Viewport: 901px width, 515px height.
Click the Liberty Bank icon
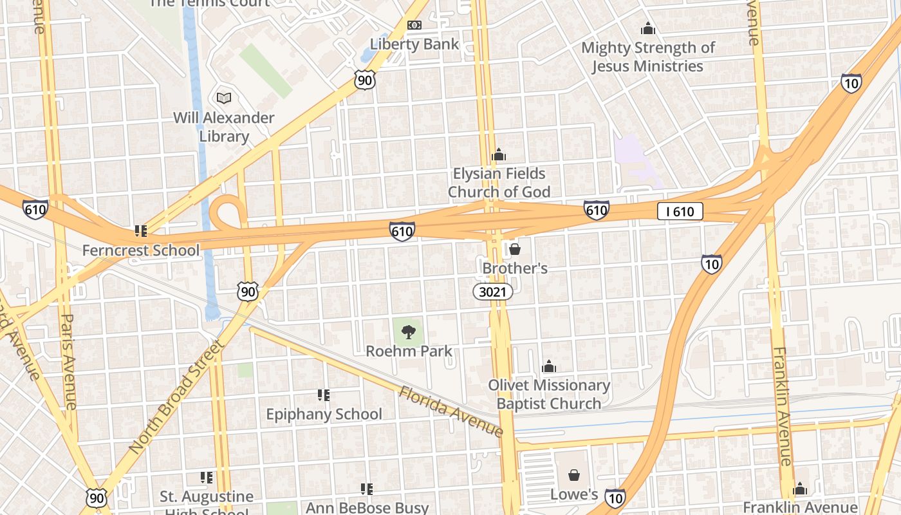pyautogui.click(x=414, y=25)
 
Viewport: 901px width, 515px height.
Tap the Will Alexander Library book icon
pyautogui.click(x=223, y=98)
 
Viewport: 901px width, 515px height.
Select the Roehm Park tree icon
pyautogui.click(x=408, y=332)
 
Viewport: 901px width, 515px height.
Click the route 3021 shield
pyautogui.click(x=494, y=292)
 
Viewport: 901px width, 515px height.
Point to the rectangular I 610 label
pyautogui.click(x=680, y=211)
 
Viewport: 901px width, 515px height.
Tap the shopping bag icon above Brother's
pyautogui.click(x=515, y=248)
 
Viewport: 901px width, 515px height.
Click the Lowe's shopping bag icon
pyautogui.click(x=573, y=475)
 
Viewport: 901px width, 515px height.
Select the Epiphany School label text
pyautogui.click(x=324, y=414)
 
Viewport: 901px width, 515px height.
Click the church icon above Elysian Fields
pyautogui.click(x=498, y=154)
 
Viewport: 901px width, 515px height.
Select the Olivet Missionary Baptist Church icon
pyautogui.click(x=548, y=366)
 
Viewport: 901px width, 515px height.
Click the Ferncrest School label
pyautogui.click(x=140, y=250)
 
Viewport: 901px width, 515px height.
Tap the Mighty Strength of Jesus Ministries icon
pyautogui.click(x=647, y=29)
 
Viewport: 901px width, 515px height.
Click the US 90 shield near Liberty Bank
pyautogui.click(x=364, y=80)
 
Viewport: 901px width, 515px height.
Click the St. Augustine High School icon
pyautogui.click(x=206, y=477)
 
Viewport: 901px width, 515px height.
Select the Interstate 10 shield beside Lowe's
pyautogui.click(x=615, y=497)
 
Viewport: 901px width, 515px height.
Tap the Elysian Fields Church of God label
pyautogui.click(x=499, y=183)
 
